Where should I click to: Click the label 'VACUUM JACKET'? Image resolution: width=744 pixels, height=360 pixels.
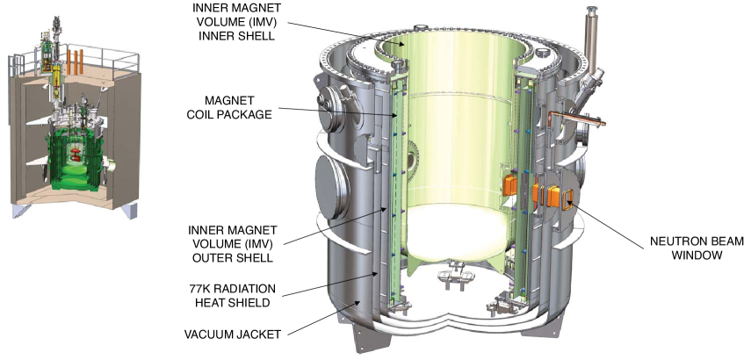pyautogui.click(x=232, y=335)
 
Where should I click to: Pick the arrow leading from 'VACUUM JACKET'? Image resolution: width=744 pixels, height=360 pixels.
pyautogui.click(x=321, y=318)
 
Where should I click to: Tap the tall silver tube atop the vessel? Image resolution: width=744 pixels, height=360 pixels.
pyautogui.click(x=591, y=38)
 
